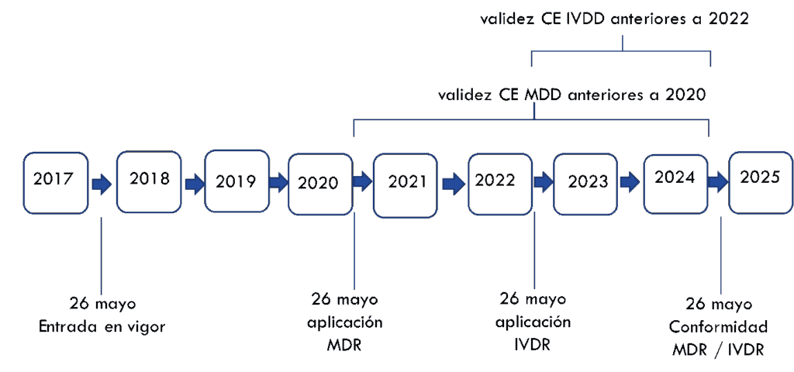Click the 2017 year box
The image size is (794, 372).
coord(55,183)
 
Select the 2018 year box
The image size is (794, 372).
coord(149,181)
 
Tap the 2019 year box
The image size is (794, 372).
coord(236,181)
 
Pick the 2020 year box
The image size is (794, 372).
coord(319,184)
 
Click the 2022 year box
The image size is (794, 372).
coord(500,182)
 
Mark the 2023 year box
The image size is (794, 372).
coord(586,183)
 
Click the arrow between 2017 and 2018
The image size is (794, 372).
coord(102,185)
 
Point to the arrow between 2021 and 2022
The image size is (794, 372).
coord(454,184)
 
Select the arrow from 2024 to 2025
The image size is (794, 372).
coord(718,183)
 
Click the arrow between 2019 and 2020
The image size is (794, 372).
coord(278,184)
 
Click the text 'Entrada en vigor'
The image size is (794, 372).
coord(102,326)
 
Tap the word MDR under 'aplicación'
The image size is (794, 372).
coord(345,344)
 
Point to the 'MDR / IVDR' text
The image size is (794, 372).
coord(718,350)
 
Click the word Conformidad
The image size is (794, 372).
coord(718,326)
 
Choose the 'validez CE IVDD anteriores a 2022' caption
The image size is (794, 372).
coord(615,19)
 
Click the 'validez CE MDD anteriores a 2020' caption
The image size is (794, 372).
coord(572,95)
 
